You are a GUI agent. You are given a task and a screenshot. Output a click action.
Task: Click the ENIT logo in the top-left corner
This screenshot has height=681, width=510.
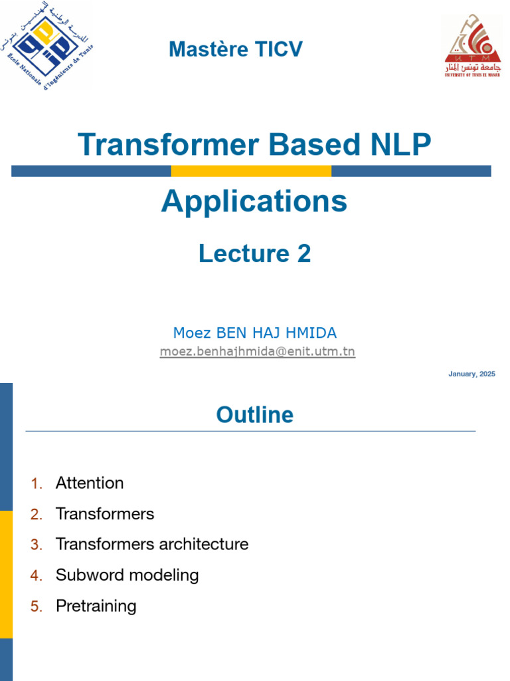point(46,45)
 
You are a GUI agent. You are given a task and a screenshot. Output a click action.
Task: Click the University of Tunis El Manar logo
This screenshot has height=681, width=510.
point(473,45)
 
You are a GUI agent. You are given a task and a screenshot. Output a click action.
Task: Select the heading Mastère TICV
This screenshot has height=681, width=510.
point(236,49)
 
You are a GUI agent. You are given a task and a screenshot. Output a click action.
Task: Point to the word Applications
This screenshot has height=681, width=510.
point(254,201)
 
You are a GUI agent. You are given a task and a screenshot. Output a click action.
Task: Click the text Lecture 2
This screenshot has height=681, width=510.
point(254,253)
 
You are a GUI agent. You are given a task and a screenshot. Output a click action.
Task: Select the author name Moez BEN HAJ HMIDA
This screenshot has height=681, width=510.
point(255,333)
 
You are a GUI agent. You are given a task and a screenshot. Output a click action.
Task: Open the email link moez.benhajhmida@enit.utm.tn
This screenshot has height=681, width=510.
point(258,351)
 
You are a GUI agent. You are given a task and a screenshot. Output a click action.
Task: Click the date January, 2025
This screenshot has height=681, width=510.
point(471,374)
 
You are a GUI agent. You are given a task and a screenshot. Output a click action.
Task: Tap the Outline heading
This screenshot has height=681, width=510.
point(254,415)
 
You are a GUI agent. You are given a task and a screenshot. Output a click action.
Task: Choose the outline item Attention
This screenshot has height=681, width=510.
point(90,483)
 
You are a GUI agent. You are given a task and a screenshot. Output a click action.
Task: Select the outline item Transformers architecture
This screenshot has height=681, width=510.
point(152,545)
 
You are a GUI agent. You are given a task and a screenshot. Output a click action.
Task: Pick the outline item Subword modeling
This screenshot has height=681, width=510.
point(127,575)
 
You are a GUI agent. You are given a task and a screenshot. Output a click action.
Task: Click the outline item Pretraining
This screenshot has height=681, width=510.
point(96,606)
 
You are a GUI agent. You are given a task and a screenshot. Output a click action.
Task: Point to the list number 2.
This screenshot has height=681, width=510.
point(37,514)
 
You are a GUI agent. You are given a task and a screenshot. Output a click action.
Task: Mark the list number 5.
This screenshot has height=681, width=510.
point(37,607)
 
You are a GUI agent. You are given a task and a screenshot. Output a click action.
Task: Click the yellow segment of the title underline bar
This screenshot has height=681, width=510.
point(251,171)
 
